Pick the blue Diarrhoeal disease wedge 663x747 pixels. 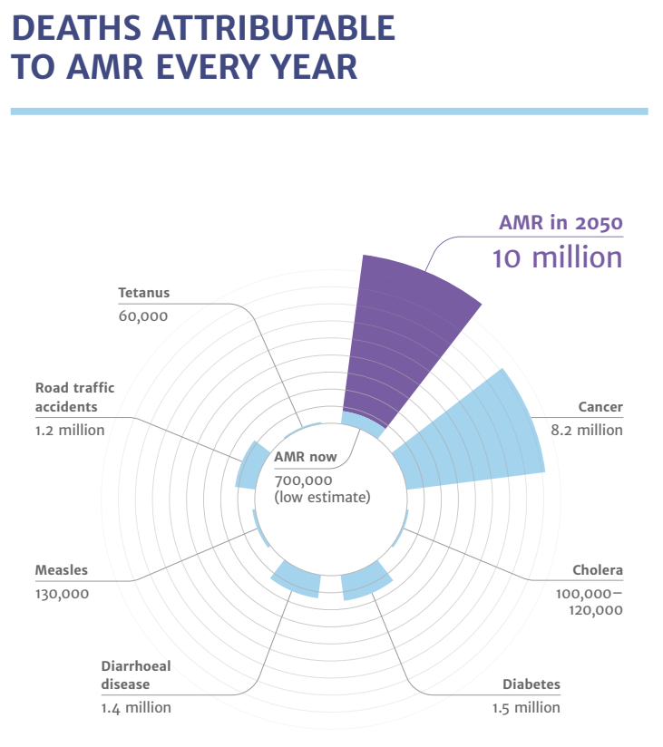point(297,578)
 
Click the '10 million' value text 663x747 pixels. point(557,257)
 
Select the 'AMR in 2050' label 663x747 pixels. point(561,222)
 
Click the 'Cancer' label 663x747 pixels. point(600,407)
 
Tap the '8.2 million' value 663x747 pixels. point(587,430)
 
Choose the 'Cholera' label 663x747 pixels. point(598,570)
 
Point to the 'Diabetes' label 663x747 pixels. point(531,684)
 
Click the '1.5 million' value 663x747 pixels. point(526,707)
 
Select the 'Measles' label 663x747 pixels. point(62,570)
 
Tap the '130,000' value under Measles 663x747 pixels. point(62,593)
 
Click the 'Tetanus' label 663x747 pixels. point(143,293)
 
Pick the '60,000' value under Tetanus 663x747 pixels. point(143,315)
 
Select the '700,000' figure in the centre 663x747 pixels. point(304,480)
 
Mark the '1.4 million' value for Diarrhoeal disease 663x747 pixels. point(136,707)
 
